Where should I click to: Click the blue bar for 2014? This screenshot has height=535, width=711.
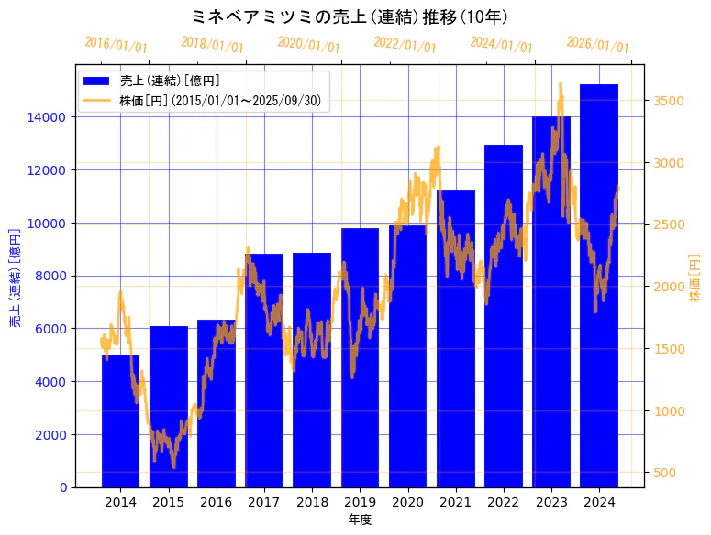coord(120,421)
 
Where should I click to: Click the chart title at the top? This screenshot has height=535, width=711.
coord(351,16)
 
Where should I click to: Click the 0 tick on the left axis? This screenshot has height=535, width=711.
coord(62,487)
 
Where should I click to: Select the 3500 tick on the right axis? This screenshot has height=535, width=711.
coord(667,100)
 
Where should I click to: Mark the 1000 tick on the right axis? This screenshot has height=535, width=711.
coord(667,410)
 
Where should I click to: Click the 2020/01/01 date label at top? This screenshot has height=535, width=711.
coord(308,45)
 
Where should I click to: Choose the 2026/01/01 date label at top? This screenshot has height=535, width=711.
coord(597,45)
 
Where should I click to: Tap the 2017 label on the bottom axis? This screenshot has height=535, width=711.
coord(264,502)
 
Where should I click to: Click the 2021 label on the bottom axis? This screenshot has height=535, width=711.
coord(456,502)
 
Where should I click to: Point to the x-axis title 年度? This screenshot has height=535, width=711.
coord(360,520)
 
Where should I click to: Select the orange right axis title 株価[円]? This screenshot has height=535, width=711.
coord(695,277)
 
